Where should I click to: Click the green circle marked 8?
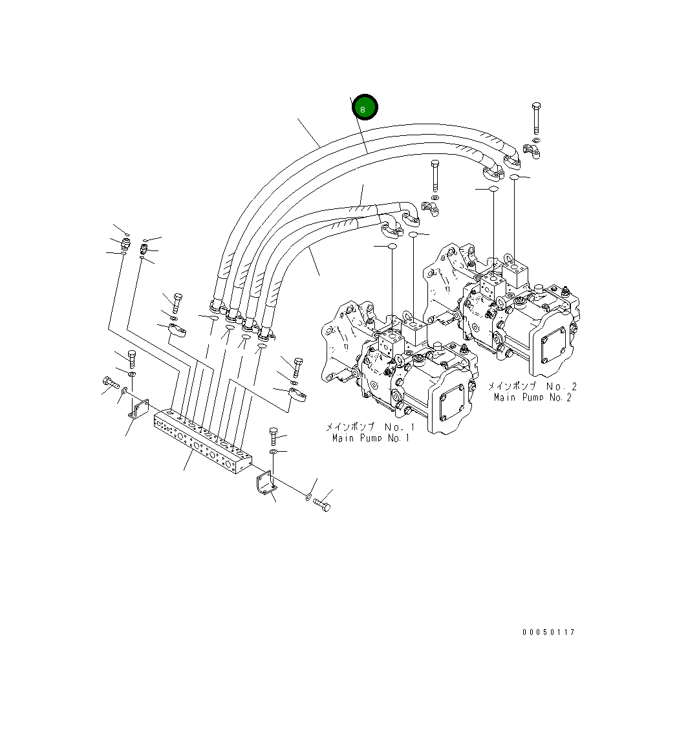tap(364, 108)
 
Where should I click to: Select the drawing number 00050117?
tap(548, 632)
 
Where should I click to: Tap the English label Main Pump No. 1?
tap(371, 438)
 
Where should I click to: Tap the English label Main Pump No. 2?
tap(532, 397)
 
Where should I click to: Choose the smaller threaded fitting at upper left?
tap(144, 248)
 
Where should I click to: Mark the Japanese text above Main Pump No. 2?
tap(532, 386)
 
